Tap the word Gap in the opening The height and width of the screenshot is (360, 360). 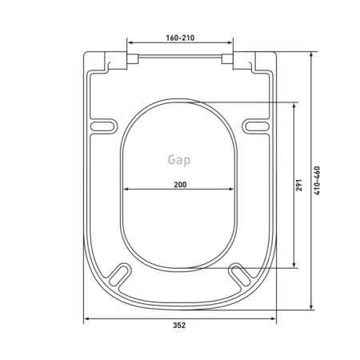[x=180, y=160]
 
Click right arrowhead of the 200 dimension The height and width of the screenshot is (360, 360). [x=234, y=190]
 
